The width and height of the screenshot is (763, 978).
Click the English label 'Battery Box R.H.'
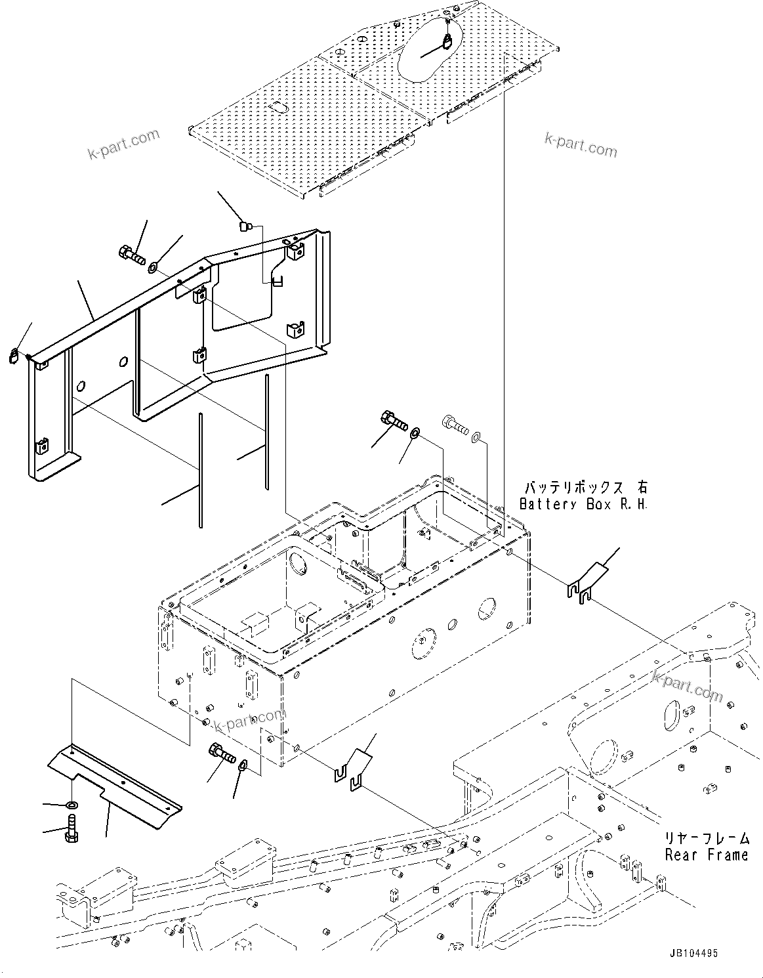coord(583,504)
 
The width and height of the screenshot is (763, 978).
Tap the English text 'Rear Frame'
coord(706,855)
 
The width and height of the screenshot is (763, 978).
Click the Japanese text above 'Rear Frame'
coord(706,838)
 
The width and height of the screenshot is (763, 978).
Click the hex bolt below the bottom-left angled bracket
coord(71,825)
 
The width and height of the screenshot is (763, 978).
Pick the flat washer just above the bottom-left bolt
coord(71,804)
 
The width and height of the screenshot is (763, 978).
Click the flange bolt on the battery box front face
coord(222,752)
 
